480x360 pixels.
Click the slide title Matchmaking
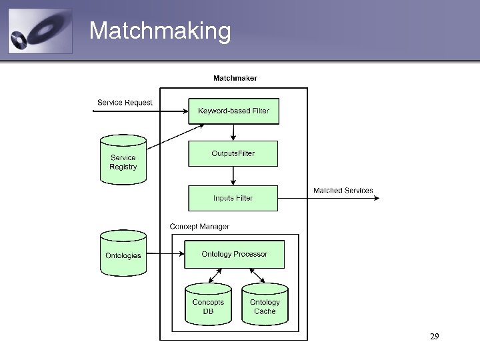(160, 31)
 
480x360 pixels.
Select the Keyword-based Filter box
(233, 111)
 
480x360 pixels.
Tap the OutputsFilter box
(233, 153)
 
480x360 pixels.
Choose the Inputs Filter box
(233, 198)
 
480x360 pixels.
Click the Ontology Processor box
(234, 254)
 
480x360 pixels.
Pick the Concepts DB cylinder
(208, 305)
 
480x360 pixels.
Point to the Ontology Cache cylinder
(265, 305)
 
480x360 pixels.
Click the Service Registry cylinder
(123, 161)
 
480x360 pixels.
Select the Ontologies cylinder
(123, 255)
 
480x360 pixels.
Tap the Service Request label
(125, 102)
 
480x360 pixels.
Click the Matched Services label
(343, 191)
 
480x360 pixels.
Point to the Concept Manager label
(199, 227)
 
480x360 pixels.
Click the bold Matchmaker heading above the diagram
(235, 78)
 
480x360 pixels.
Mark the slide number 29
(434, 337)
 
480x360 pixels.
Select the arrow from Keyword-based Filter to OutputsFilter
(233, 132)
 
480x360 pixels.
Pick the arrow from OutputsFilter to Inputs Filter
(233, 176)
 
